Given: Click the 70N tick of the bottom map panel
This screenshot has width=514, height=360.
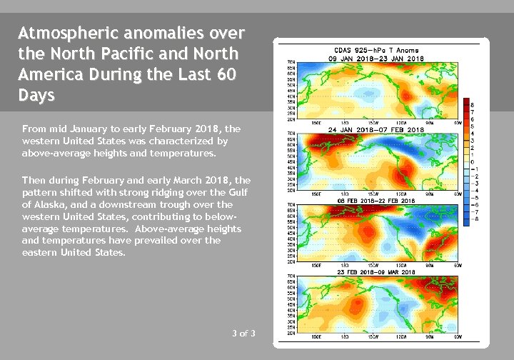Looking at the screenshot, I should pyautogui.click(x=292, y=276).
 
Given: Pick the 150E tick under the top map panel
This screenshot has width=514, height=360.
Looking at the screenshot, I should pyautogui.click(x=317, y=120).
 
